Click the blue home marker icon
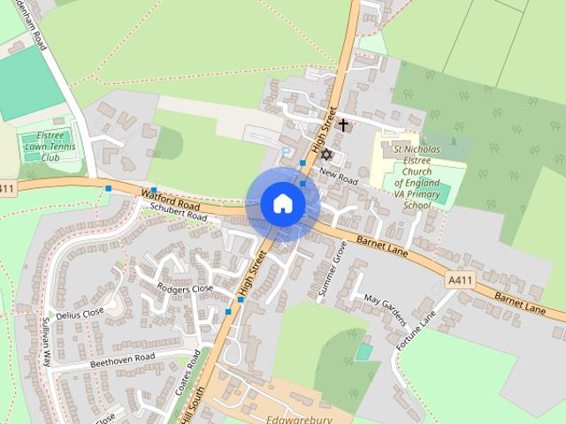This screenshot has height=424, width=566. (x=283, y=203)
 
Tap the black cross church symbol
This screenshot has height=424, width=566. (x=343, y=125)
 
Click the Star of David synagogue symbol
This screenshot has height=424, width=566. (x=325, y=155)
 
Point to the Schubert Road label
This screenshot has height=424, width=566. (x=177, y=214)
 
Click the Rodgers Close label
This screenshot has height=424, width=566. (x=185, y=289)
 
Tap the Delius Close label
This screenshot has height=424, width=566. (x=80, y=314)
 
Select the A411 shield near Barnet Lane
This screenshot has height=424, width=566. (x=460, y=280)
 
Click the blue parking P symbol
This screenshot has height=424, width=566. (x=285, y=151)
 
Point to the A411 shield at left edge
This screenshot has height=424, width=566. (x=7, y=189)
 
